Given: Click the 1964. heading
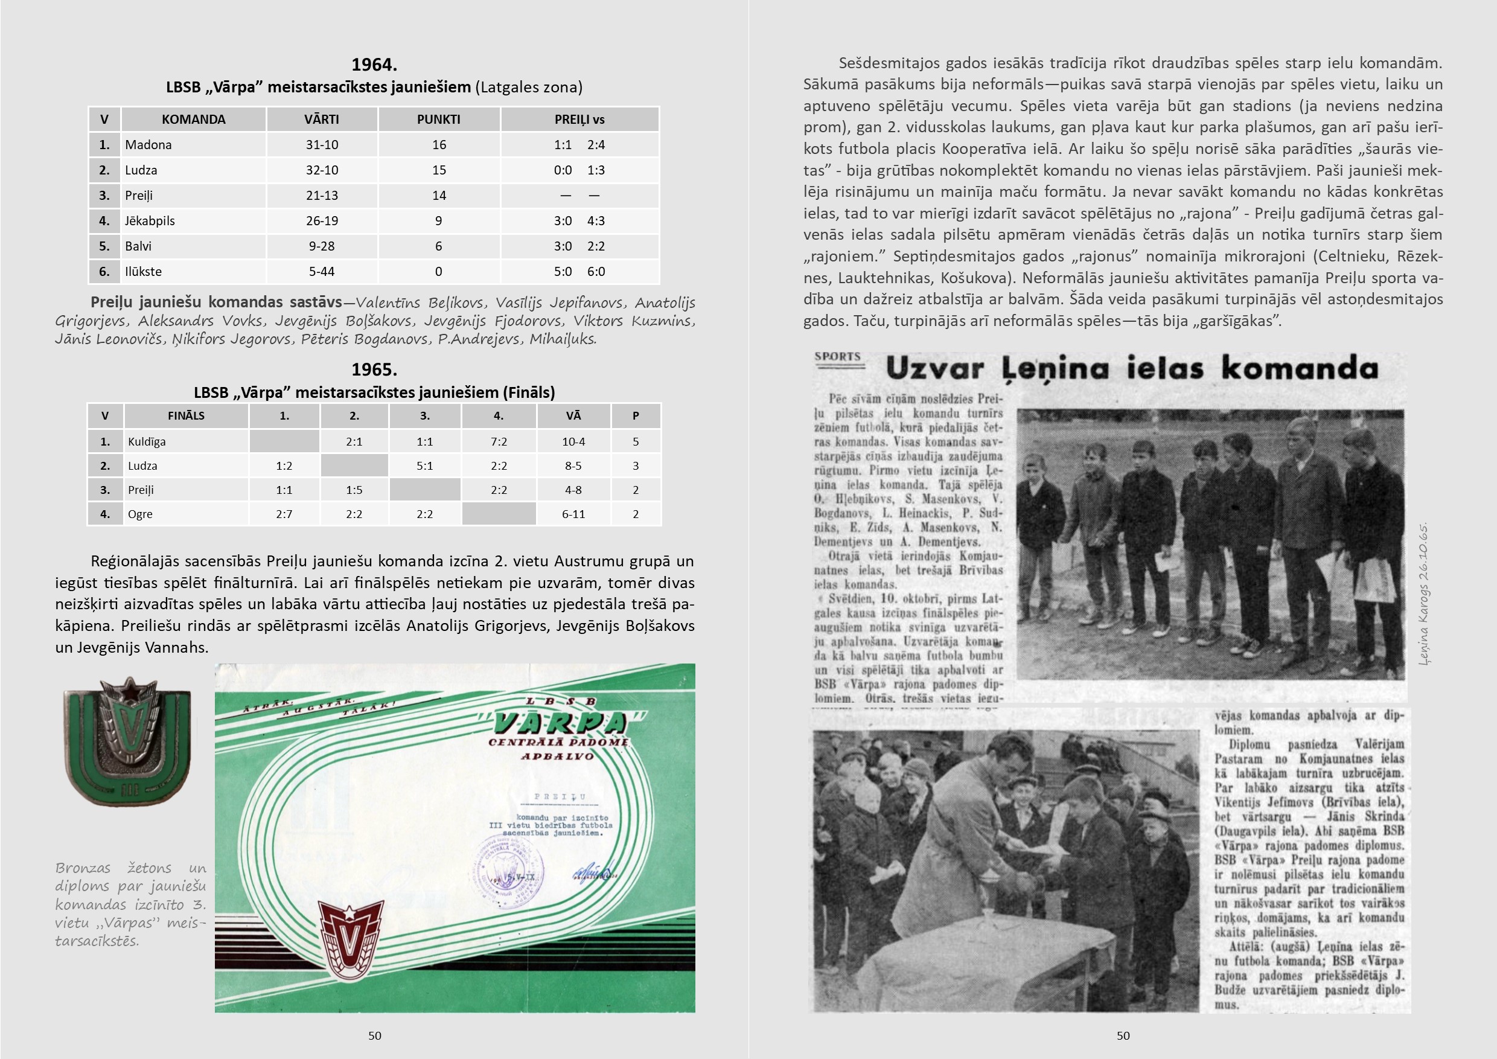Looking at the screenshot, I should (374, 65).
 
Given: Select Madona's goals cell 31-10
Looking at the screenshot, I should (322, 145).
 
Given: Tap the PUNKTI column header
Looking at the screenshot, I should (439, 120).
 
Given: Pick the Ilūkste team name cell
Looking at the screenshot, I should (144, 271).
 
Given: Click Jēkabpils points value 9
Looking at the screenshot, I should (439, 221).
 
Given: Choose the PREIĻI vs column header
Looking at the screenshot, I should (579, 120).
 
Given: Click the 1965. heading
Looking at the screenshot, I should (374, 370).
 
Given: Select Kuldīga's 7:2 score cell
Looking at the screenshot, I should (499, 441).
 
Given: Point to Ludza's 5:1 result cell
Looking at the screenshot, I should (424, 466).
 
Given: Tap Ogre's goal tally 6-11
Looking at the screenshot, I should (574, 514).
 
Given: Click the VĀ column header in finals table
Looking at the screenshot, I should (574, 415).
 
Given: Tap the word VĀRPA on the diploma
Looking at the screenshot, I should (560, 723).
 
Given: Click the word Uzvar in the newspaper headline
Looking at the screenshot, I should (934, 369).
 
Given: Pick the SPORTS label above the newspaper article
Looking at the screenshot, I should (838, 357).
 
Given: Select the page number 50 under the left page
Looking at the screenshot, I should (375, 1035).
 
